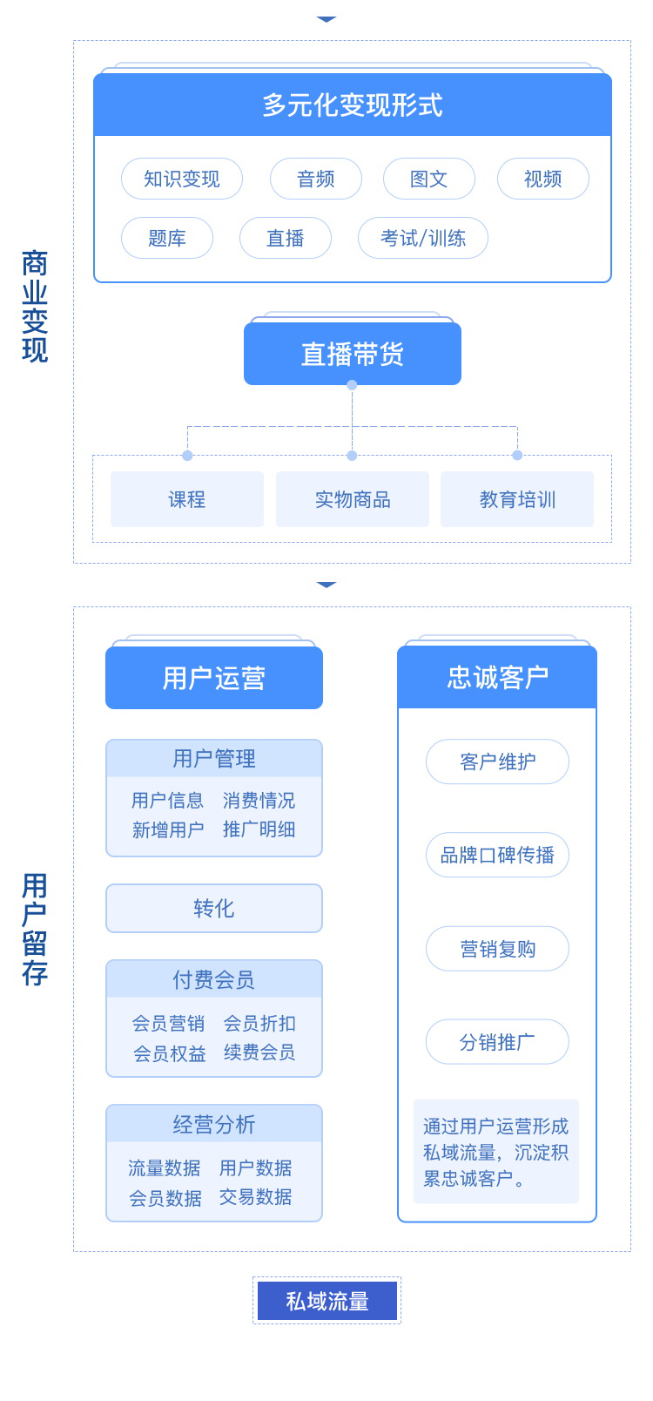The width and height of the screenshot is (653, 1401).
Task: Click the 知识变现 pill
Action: pyautogui.click(x=181, y=179)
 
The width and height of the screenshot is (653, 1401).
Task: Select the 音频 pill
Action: pyautogui.click(x=315, y=179)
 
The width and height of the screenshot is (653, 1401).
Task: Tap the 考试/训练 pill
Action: pyautogui.click(x=422, y=238)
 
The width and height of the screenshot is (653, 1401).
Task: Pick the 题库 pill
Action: pyautogui.click(x=166, y=238)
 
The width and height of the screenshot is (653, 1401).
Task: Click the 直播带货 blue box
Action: pyautogui.click(x=352, y=354)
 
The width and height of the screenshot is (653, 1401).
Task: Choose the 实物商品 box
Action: pyautogui.click(x=352, y=499)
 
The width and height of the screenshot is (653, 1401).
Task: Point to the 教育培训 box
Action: pyautogui.click(x=516, y=499)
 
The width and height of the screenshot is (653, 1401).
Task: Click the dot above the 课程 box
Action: pyautogui.click(x=187, y=456)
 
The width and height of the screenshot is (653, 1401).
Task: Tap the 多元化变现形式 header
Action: pyautogui.click(x=352, y=105)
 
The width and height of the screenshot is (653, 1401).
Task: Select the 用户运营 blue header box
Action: pyautogui.click(x=213, y=678)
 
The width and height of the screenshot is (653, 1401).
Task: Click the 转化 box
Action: pyautogui.click(x=213, y=909)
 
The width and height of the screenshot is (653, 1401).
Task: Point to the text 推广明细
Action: pyautogui.click(x=259, y=829)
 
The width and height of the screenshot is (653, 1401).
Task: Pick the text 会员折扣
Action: pyautogui.click(x=259, y=1023)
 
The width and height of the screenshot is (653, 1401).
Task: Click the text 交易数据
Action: pyautogui.click(x=255, y=1197)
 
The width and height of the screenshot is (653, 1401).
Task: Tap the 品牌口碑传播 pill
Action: pyautogui.click(x=497, y=855)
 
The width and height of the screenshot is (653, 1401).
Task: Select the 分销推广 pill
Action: pyautogui.click(x=497, y=1042)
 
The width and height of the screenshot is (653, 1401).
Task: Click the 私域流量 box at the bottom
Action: pyautogui.click(x=326, y=1301)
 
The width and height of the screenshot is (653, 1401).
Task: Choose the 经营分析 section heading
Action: pyautogui.click(x=213, y=1125)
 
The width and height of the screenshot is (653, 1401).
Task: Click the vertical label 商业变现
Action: pyautogui.click(x=35, y=306)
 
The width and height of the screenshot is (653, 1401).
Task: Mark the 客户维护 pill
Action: pyautogui.click(x=497, y=761)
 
